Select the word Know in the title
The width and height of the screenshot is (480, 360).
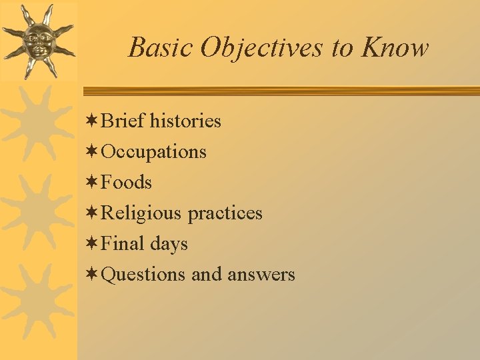tap(395, 48)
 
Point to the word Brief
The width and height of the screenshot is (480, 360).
tap(123, 121)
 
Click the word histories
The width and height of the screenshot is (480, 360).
tap(185, 121)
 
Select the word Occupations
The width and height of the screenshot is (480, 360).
tap(153, 152)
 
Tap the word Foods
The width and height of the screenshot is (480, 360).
tap(126, 183)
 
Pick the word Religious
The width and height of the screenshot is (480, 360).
tap(141, 213)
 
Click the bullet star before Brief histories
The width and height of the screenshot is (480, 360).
tap(93, 121)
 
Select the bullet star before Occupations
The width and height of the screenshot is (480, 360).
tap(93, 151)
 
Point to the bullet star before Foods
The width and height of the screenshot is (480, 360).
tap(93, 182)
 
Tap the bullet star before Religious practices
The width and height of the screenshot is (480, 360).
tap(93, 213)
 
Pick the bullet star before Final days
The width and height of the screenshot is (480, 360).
tap(93, 243)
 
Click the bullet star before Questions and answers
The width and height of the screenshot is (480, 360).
tap(93, 274)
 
